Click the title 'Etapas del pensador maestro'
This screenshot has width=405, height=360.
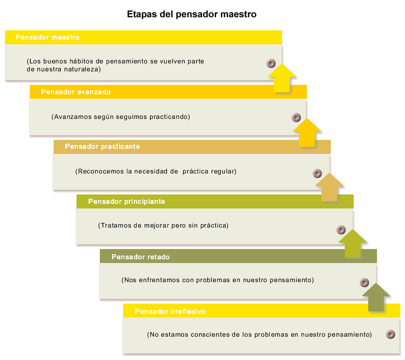(x=192, y=14)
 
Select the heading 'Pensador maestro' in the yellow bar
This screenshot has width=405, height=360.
(x=48, y=37)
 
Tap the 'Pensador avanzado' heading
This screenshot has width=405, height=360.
(x=76, y=92)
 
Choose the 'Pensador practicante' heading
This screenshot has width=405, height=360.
(x=102, y=146)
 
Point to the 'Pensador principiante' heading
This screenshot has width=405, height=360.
(x=126, y=201)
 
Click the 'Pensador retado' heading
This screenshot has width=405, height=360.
(x=140, y=257)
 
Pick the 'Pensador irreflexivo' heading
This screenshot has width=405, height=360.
(x=170, y=311)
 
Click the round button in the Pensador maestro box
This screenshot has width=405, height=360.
(x=271, y=63)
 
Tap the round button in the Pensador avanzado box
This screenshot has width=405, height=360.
(x=296, y=118)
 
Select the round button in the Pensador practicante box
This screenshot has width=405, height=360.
(x=317, y=173)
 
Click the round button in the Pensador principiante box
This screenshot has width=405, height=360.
(x=341, y=230)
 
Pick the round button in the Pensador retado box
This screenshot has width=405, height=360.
(x=364, y=283)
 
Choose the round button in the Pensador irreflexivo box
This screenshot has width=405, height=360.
(x=390, y=334)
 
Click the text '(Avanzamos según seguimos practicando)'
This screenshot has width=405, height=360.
(x=121, y=117)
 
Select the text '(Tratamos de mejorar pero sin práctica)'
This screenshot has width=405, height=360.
(x=163, y=226)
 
